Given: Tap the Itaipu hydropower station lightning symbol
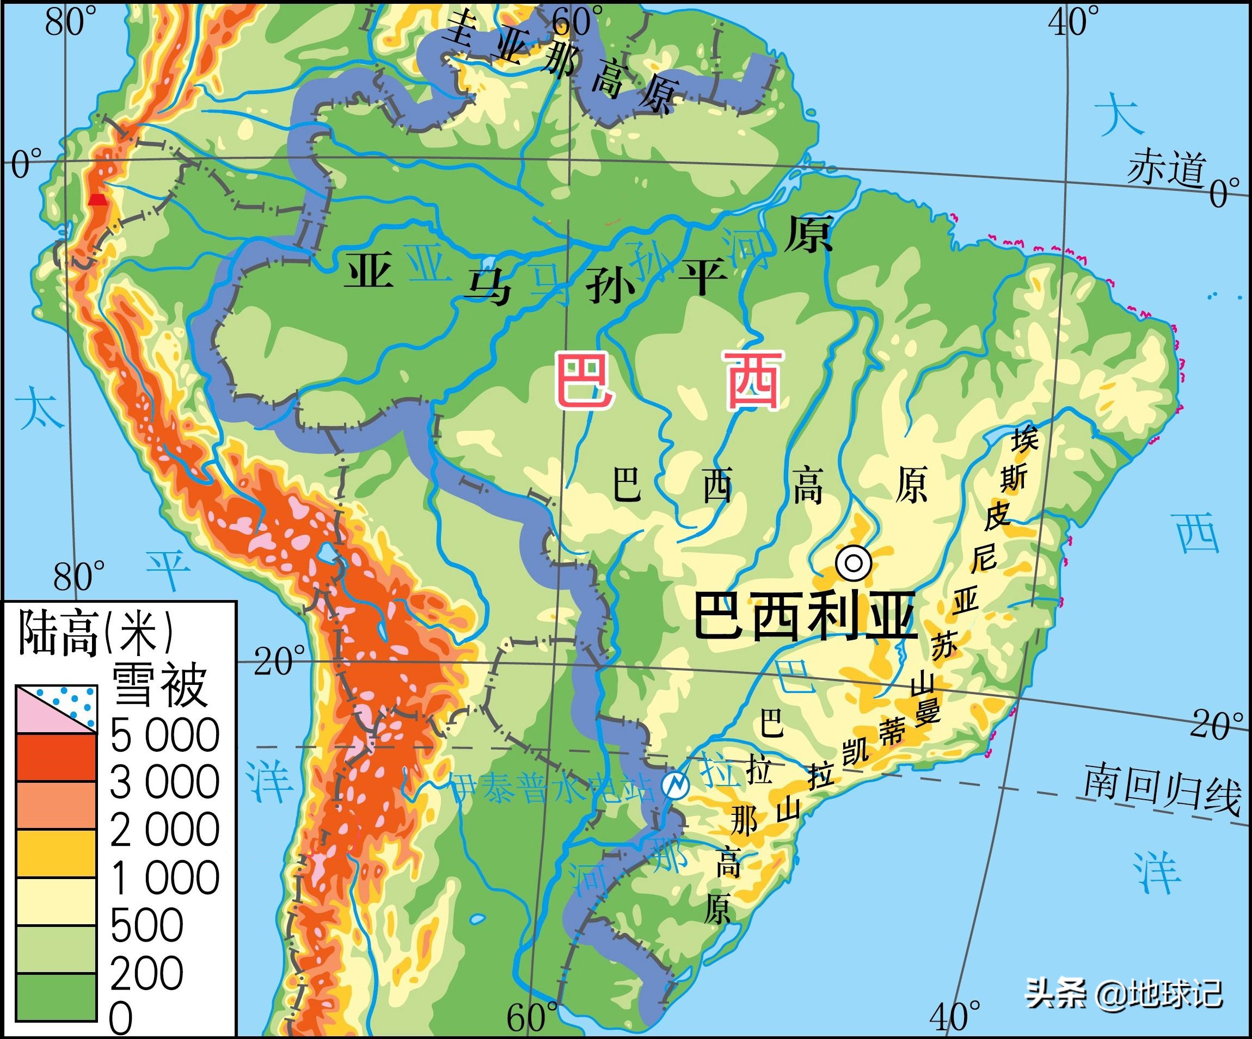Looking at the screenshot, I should tap(676, 785).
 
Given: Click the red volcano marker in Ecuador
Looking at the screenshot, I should tap(97, 200).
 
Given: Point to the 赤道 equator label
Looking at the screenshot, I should tap(1166, 168).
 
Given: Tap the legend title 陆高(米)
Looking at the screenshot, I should tap(95, 633).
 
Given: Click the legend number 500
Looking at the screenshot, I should tap(146, 925).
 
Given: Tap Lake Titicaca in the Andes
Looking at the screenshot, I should tap(327, 555).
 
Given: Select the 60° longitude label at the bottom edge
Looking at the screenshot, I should tap(532, 1018).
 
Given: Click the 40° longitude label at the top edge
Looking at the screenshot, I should tap(1075, 23).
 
